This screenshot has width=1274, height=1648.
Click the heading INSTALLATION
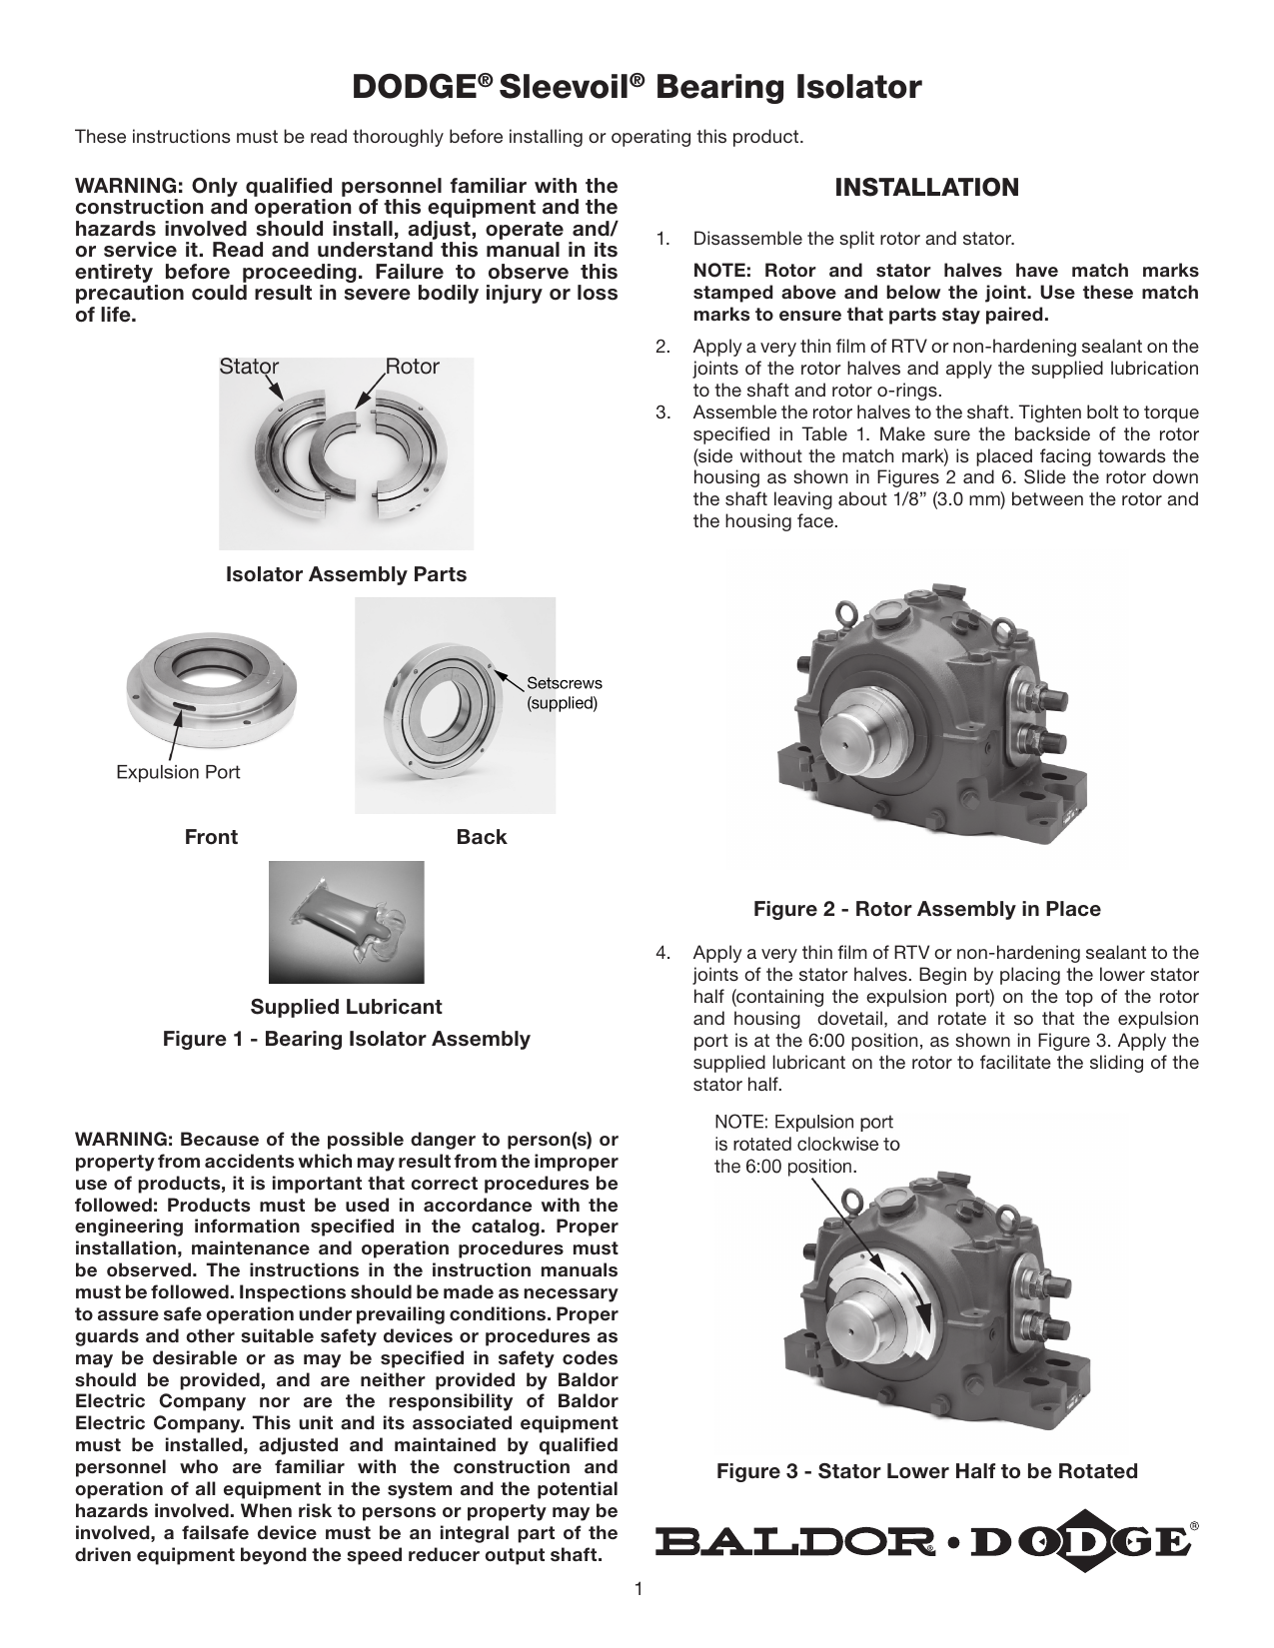click(926, 187)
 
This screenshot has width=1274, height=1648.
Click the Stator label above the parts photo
click(249, 367)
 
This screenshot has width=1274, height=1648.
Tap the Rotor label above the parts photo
click(413, 367)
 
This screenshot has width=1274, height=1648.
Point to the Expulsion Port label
click(178, 772)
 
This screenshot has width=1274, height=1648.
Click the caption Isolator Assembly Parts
click(346, 574)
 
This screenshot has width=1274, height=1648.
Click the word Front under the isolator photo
click(211, 837)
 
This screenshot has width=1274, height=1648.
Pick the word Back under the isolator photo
click(481, 837)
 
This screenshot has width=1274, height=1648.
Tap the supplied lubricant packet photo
click(346, 921)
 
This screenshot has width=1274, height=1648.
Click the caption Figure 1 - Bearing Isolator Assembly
click(346, 1039)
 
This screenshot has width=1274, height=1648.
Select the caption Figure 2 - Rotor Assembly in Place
click(926, 909)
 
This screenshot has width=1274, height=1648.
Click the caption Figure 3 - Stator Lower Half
click(926, 1471)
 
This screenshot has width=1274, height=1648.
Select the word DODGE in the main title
click(411, 88)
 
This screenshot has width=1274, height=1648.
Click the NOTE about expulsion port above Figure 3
click(805, 1144)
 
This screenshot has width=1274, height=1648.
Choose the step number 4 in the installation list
click(661, 953)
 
